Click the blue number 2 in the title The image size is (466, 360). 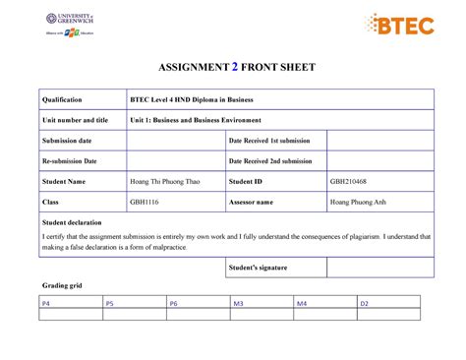tap(234, 68)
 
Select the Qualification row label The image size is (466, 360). tap(62, 99)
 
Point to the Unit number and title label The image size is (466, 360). tap(75, 120)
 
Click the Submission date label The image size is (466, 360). tap(66, 141)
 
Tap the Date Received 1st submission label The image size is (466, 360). tap(271, 141)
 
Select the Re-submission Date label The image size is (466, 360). tap(69, 161)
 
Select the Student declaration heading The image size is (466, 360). tap(70, 222)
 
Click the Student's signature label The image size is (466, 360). tap(259, 268)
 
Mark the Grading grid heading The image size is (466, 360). tap(61, 285)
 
